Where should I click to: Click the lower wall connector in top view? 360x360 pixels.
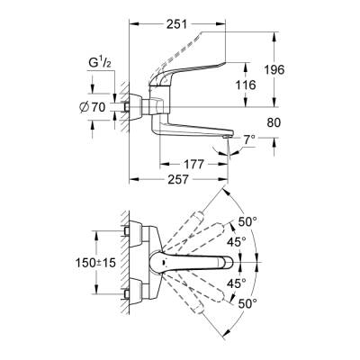point(135,289)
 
